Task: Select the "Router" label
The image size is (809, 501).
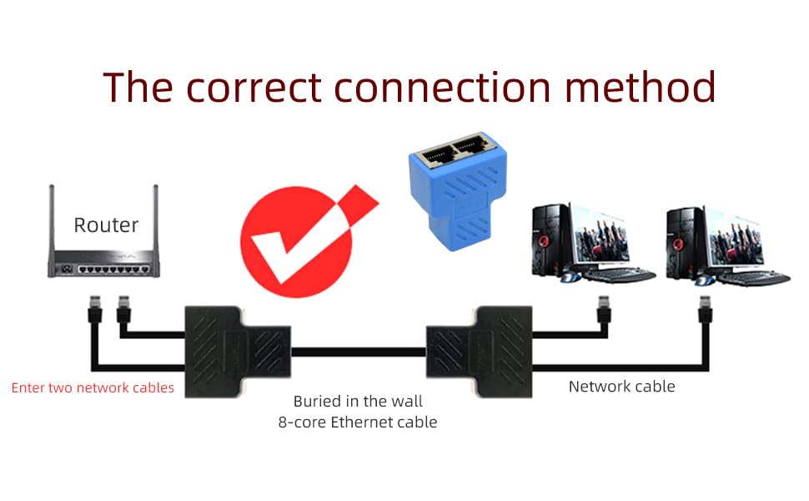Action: (x=106, y=225)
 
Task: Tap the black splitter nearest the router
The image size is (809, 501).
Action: (x=236, y=348)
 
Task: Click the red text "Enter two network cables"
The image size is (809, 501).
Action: (x=93, y=387)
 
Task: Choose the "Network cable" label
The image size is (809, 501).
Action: (x=621, y=386)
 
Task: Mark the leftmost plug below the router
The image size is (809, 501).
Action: (x=94, y=309)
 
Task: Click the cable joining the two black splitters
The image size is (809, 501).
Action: (x=358, y=352)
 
